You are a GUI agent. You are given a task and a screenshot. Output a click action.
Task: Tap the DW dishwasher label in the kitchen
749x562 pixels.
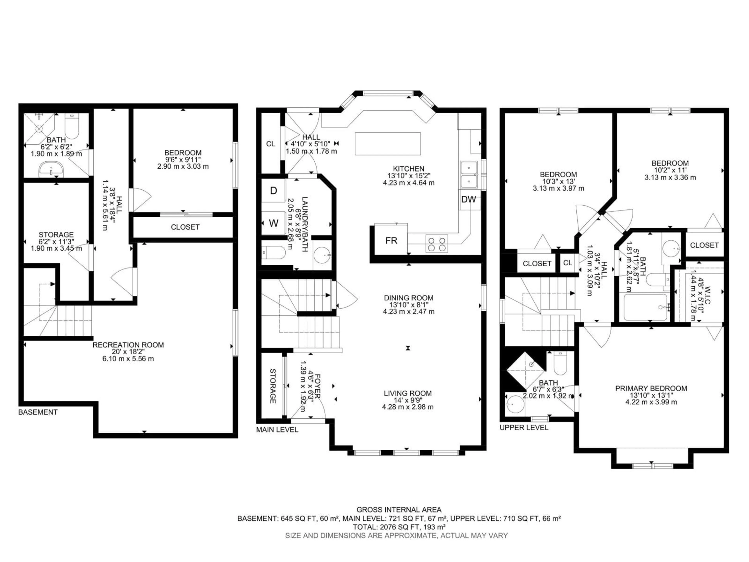pyautogui.click(x=469, y=199)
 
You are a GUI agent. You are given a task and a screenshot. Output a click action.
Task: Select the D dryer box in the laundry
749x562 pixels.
pyautogui.click(x=273, y=191)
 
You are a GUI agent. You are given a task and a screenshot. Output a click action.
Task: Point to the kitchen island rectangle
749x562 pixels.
pyautogui.click(x=388, y=144)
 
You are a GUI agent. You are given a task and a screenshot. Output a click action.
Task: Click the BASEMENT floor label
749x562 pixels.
pyautogui.click(x=38, y=412)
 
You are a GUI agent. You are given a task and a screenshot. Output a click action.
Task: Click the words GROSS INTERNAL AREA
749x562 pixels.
pyautogui.click(x=399, y=519)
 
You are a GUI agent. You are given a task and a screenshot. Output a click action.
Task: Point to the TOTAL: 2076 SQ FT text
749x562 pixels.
pyautogui.click(x=399, y=536)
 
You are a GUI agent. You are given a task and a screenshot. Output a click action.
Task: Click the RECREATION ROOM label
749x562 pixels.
pyautogui.click(x=128, y=345)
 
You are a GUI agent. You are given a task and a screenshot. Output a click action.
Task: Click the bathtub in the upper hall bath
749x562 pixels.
pyautogui.click(x=645, y=307)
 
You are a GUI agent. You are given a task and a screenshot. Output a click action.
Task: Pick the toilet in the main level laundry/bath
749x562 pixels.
pyautogui.click(x=274, y=252)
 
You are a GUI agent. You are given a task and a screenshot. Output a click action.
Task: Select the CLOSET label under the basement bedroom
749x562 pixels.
pyautogui.click(x=185, y=227)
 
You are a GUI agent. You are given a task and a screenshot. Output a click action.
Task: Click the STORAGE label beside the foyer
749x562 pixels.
pyautogui.click(x=272, y=386)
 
